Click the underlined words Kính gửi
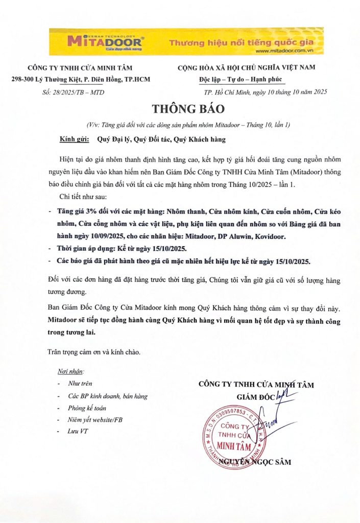pos(75,139)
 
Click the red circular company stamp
pos(236,434)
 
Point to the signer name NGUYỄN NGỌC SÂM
pos(254,462)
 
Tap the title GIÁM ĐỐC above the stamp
pos(255,396)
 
